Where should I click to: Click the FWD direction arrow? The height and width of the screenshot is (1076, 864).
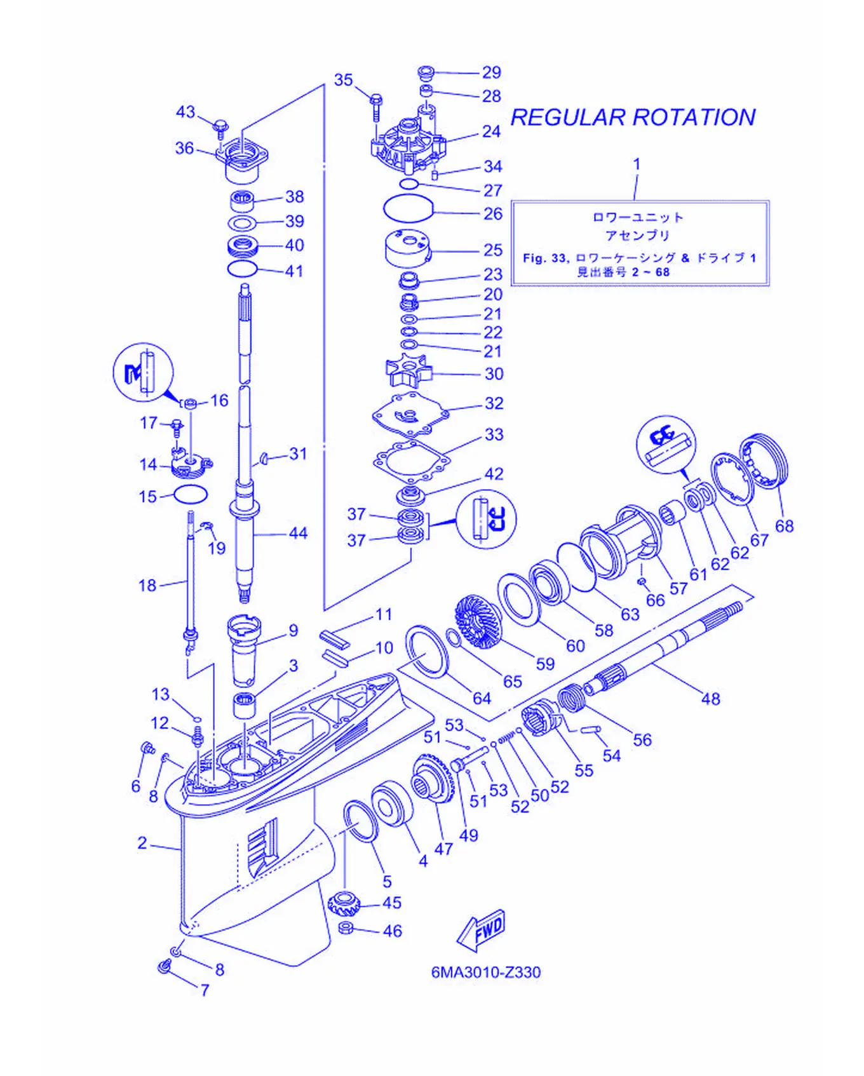[481, 931]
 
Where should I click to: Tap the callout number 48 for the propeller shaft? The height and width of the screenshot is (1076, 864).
[710, 699]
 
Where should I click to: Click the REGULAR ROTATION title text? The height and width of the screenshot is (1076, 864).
[633, 118]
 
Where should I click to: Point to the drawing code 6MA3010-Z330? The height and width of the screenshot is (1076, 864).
[486, 972]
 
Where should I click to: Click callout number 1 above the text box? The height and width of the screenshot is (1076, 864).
[637, 164]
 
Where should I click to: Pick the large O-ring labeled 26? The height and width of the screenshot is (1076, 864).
[408, 208]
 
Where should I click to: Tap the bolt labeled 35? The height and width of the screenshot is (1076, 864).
[375, 107]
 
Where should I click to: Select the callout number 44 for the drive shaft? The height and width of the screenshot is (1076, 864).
[298, 533]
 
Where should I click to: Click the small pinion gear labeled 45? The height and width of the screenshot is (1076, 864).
[344, 903]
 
